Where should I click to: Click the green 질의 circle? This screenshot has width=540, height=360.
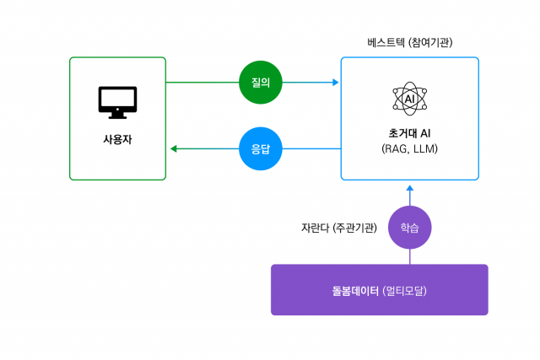(260, 83)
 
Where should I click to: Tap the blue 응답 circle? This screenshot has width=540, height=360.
(260, 148)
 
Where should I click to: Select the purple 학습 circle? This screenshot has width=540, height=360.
(409, 228)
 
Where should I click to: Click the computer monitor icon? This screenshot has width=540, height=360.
(117, 101)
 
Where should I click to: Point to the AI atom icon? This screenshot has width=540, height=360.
(409, 99)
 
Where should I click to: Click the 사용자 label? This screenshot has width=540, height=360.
(117, 139)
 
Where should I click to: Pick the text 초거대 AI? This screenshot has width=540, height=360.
(410, 133)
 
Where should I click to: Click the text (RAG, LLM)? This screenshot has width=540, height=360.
(410, 149)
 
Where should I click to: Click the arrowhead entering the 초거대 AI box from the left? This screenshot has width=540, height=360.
(335, 83)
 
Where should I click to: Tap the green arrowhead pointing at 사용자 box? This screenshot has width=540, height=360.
(174, 148)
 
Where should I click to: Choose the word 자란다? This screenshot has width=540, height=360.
(315, 228)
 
